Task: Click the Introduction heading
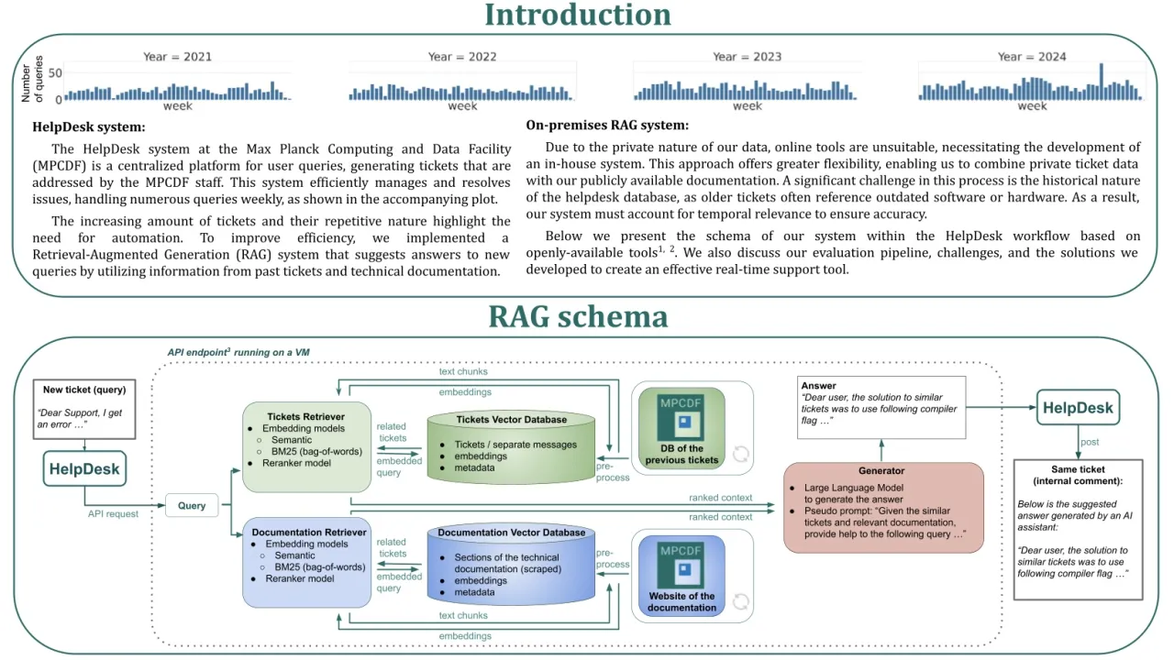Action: click(577, 15)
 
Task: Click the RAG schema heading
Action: click(577, 316)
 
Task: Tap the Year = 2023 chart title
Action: click(747, 57)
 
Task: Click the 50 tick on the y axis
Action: click(55, 72)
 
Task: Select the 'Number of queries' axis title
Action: click(32, 79)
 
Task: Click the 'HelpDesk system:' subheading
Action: click(89, 127)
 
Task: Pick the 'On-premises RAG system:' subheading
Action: click(607, 125)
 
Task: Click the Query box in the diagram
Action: click(192, 505)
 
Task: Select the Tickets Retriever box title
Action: click(305, 416)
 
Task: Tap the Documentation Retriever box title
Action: click(309, 532)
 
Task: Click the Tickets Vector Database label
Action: click(512, 420)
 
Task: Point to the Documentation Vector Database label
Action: click(512, 533)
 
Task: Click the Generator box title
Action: click(881, 471)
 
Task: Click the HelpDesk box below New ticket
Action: click(84, 469)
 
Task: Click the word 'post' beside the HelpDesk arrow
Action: click(1090, 441)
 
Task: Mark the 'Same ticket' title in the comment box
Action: click(1078, 469)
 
